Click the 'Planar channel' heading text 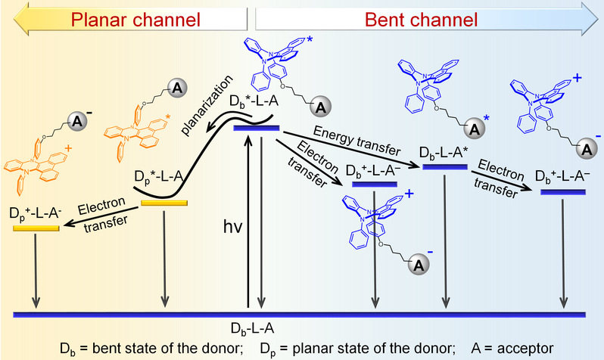tap(135, 20)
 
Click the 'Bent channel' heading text tap(421, 20)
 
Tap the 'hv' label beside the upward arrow tap(232, 227)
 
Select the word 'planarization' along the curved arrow tap(207, 105)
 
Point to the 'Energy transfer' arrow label tap(356, 140)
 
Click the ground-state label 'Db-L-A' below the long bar tap(252, 328)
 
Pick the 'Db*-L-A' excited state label tap(254, 101)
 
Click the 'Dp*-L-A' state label tap(158, 177)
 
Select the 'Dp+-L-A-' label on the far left tap(36, 213)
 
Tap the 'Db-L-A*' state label tap(444, 154)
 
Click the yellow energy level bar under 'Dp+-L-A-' tap(36, 228)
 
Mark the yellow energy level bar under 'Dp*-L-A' tap(164, 203)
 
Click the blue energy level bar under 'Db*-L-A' tap(257, 128)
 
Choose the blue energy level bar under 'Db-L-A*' tap(445, 166)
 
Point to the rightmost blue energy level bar tap(563, 192)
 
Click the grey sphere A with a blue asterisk tap(475, 130)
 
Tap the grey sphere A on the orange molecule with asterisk tap(177, 88)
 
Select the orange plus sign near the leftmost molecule tap(69, 147)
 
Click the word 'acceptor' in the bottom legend tap(525, 349)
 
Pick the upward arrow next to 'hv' tap(249, 222)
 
